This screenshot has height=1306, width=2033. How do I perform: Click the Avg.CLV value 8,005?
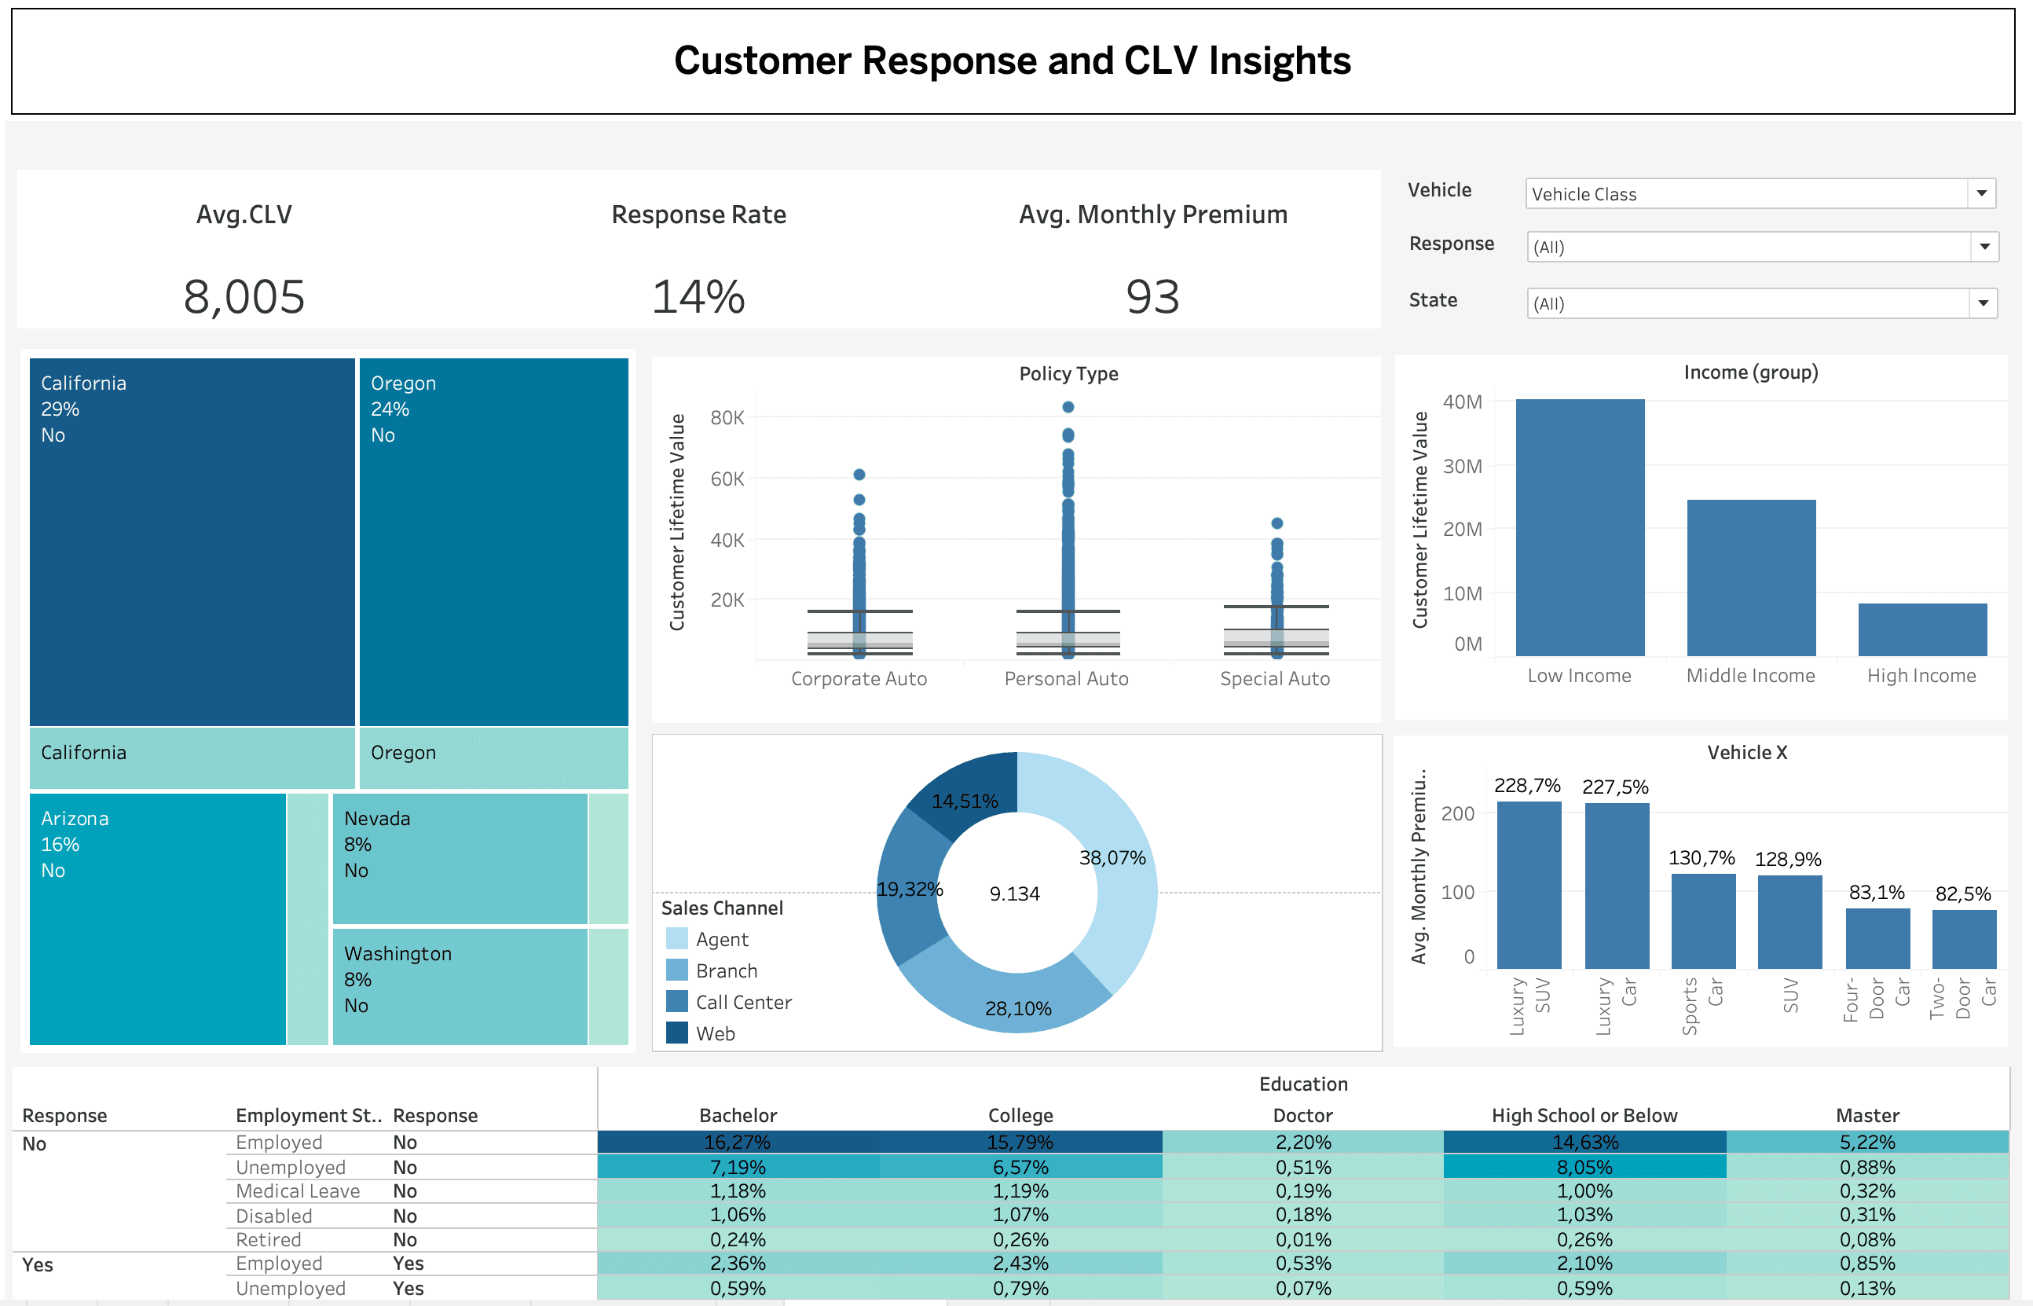(x=244, y=297)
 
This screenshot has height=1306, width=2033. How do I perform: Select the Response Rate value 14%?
(x=698, y=297)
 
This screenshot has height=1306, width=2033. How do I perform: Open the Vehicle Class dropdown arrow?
(x=1980, y=193)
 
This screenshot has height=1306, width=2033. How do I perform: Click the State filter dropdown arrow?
(x=1982, y=303)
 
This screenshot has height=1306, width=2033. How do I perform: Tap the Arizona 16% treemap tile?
(x=157, y=919)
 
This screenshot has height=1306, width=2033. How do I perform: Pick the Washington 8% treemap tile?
(x=460, y=985)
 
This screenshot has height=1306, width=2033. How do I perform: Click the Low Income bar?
(x=1579, y=526)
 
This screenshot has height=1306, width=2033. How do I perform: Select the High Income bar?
(x=1921, y=629)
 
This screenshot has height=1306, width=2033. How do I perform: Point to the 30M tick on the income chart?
(x=1462, y=467)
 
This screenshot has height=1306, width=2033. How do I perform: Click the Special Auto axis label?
(x=1274, y=678)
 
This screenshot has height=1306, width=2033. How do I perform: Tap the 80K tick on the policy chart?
(x=727, y=417)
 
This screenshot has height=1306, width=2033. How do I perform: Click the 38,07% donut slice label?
(x=1112, y=857)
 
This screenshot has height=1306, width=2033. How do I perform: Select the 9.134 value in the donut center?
(x=1014, y=893)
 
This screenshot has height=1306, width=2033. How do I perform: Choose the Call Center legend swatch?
(x=676, y=1002)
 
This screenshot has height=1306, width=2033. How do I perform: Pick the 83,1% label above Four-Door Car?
(x=1875, y=892)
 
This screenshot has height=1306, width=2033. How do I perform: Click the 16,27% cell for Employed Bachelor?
(x=738, y=1143)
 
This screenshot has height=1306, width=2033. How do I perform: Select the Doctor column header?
(x=1302, y=1115)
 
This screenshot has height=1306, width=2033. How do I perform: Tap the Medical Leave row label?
(x=298, y=1190)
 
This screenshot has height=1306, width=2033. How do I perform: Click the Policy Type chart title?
(x=1068, y=374)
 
